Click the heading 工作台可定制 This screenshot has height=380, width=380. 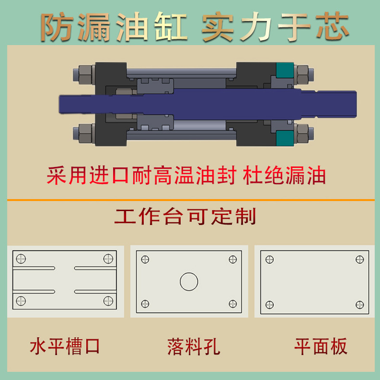tap(185, 216)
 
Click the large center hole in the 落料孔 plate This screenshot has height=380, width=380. tap(189, 281)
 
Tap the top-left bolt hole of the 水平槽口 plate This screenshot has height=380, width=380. tap(21, 259)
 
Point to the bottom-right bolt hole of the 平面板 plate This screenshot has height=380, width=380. tap(359, 304)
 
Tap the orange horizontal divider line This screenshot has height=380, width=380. tap(190, 199)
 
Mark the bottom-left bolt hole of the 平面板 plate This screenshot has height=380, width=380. tap(269, 304)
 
